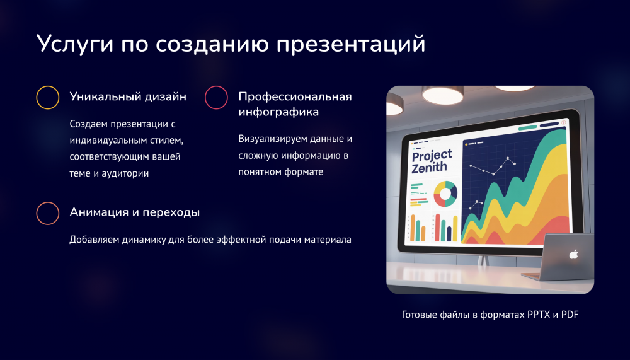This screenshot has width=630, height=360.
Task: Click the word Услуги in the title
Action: click(x=75, y=44)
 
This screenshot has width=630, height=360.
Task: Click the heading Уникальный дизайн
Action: click(x=128, y=97)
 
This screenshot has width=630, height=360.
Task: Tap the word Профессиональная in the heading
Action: click(x=295, y=97)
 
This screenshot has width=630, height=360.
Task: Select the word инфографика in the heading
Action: click(x=278, y=112)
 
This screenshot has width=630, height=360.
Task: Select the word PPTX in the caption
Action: click(x=539, y=315)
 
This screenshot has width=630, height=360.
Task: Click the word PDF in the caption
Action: click(x=570, y=315)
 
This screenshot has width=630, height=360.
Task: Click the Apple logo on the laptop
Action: click(x=573, y=254)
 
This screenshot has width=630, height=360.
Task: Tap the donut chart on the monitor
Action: click(x=445, y=194)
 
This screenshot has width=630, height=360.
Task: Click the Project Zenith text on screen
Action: click(x=431, y=161)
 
